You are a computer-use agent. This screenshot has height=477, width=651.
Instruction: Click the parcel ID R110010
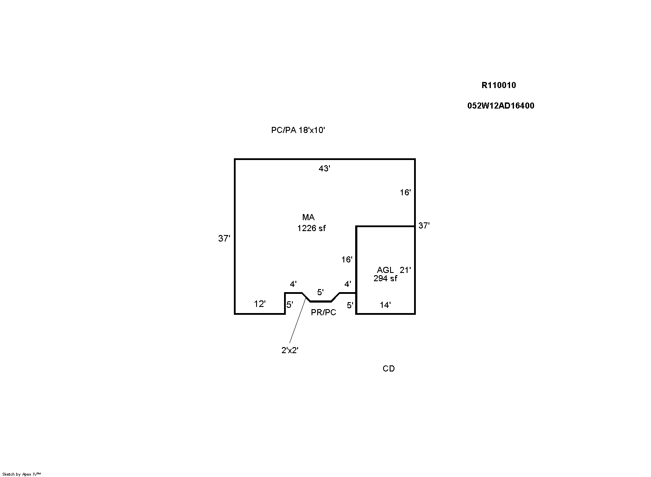pos(498,85)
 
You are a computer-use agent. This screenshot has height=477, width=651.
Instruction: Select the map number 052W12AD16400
pos(500,106)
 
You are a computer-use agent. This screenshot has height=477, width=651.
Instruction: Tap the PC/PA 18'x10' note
pos(298,130)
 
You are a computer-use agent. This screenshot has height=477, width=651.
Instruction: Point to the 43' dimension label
pos(324,168)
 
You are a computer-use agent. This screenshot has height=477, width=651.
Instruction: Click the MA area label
pos(308,217)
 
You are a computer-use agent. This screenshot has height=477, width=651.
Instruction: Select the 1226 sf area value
pos(311,228)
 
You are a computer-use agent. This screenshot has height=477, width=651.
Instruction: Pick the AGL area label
pos(385,270)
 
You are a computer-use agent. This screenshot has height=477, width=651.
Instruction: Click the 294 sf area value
pos(385,279)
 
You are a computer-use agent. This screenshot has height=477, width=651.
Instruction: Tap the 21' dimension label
pos(405,270)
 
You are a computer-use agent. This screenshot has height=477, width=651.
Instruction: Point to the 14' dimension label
pos(385,305)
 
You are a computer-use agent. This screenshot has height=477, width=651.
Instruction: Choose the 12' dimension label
pos(260,304)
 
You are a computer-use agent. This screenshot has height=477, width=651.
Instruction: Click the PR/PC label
pos(323,312)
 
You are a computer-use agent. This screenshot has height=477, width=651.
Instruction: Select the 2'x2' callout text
pos(290,350)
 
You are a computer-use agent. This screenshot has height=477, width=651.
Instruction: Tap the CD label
pos(388,368)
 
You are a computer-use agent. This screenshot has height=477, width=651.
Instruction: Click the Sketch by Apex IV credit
pos(21,474)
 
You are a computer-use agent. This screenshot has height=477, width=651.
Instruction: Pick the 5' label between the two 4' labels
pos(320,292)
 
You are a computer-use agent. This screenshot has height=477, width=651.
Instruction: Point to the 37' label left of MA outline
pos(224,238)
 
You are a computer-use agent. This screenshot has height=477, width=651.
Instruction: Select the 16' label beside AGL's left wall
pos(346,260)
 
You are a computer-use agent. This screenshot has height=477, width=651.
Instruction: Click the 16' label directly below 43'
pos(405,192)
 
